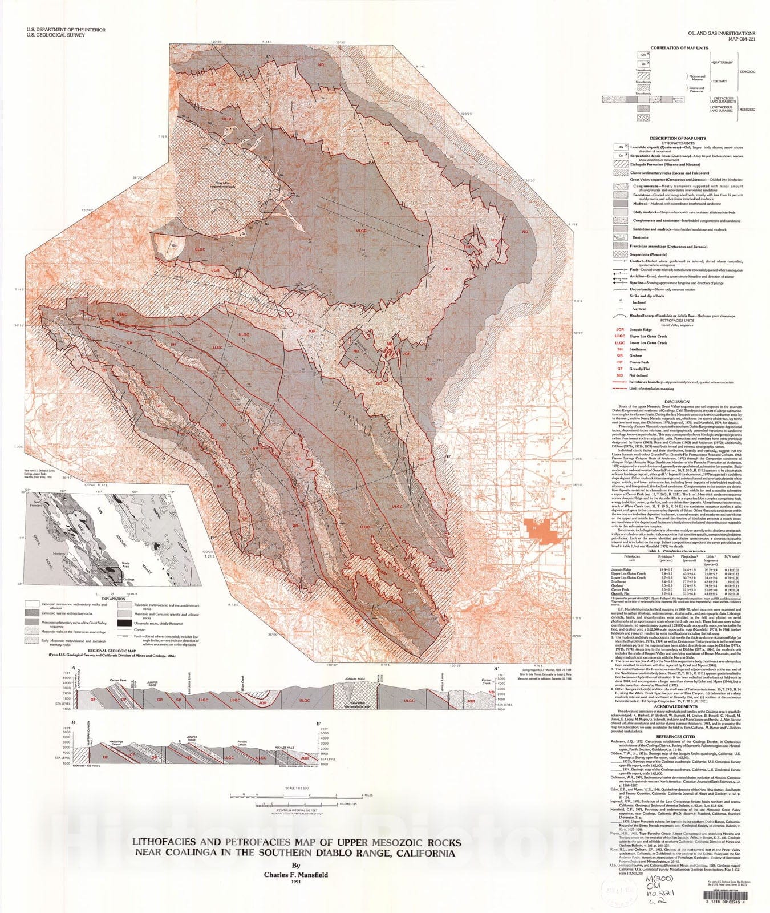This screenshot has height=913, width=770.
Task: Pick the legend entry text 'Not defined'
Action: (x=639, y=375)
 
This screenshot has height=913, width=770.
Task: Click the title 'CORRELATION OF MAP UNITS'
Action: (x=676, y=48)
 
